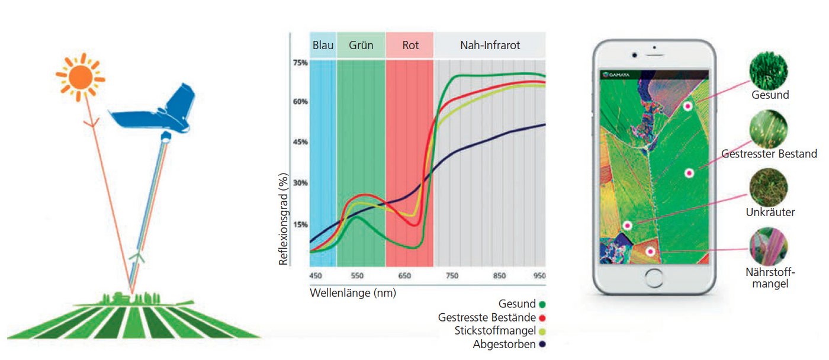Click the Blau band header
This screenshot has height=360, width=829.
click(323, 46)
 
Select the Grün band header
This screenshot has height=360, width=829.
click(361, 46)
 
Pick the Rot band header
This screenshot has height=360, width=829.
click(410, 46)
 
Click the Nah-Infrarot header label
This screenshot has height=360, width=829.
click(490, 46)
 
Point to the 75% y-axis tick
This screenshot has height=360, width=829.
click(300, 63)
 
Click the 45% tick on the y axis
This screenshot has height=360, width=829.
click(300, 142)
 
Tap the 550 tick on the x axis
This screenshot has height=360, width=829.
click(357, 276)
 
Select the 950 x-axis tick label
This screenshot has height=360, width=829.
click(539, 276)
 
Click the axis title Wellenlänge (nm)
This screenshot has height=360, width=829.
click(353, 292)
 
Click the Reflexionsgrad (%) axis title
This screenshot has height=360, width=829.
click(284, 220)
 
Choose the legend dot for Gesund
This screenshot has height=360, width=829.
click(542, 304)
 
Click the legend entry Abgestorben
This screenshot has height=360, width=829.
click(505, 344)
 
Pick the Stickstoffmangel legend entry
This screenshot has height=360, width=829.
click(496, 330)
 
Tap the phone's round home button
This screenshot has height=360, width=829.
click(654, 278)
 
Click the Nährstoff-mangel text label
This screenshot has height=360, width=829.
click(771, 278)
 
